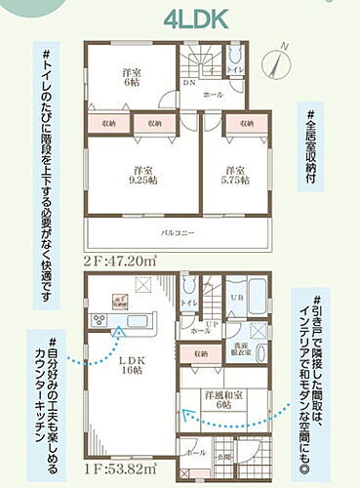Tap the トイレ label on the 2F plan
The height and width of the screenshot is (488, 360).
tap(234, 70)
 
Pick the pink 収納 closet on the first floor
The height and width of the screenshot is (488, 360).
tap(200, 353)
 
